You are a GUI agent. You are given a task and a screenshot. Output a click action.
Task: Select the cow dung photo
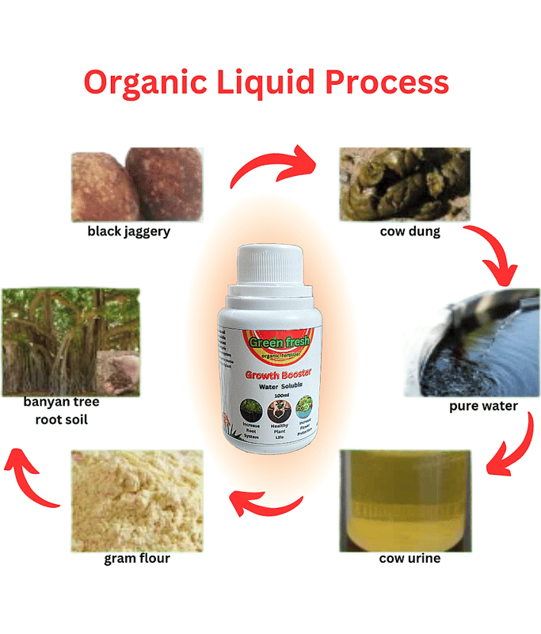(x=404, y=184)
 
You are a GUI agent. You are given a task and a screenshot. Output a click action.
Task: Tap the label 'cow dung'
(x=404, y=232)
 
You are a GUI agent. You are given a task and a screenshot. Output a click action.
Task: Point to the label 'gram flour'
(x=137, y=558)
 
